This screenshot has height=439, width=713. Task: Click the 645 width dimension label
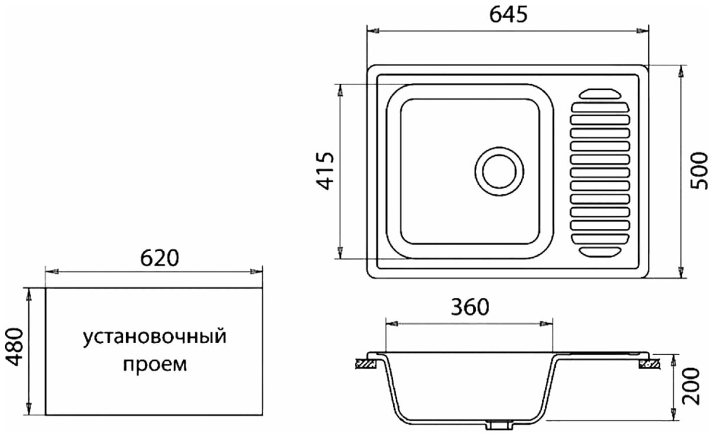(x=508, y=15)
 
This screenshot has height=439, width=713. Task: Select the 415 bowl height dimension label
(x=325, y=172)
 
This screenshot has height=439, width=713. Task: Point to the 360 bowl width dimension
(x=470, y=307)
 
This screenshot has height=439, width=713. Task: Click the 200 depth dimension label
(x=691, y=386)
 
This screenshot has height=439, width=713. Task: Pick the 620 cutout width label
(x=160, y=258)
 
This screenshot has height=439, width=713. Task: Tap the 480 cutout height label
(x=15, y=347)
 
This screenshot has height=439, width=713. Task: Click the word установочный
(x=155, y=337)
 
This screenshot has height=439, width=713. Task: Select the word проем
(x=155, y=365)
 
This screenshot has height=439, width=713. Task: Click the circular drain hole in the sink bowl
(x=499, y=172)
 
